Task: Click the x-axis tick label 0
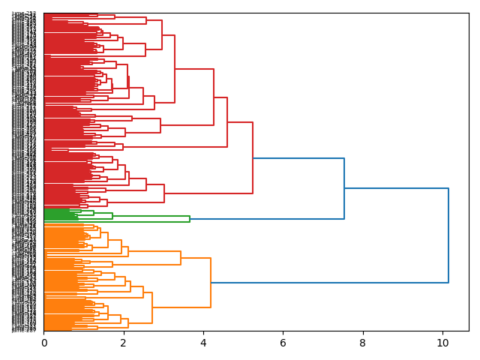coord(43,343)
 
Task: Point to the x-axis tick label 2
coord(124,343)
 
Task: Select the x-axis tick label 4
coord(203,343)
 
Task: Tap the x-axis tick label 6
coord(283,343)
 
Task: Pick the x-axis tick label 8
coord(363,343)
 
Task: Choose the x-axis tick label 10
coord(442,343)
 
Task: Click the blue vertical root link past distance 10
coord(448,235)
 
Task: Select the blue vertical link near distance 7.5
coord(344,188)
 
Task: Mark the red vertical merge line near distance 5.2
coord(253,157)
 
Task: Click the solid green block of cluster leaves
coord(57,214)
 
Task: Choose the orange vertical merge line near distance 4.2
coord(211,283)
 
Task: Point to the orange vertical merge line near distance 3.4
coord(181,258)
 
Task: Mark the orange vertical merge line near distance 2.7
coord(152,307)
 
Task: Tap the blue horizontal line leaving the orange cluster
coord(330,283)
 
